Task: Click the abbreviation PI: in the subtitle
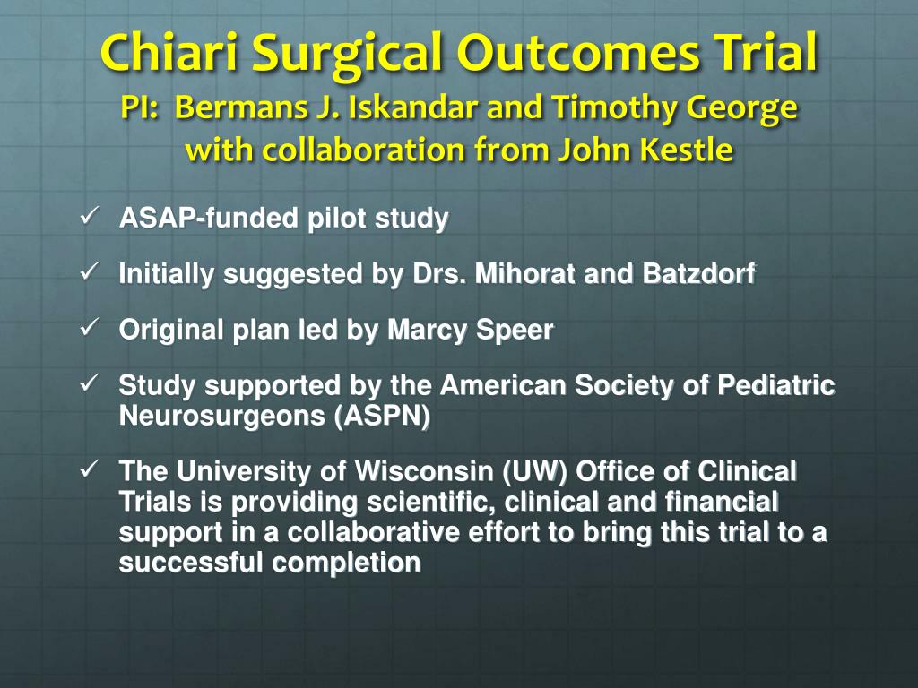(140, 108)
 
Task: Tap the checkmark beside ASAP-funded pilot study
(89, 217)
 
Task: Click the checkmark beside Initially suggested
(89, 272)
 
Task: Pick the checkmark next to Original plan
(89, 328)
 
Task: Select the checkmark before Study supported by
(89, 384)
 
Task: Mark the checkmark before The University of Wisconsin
(89, 469)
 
